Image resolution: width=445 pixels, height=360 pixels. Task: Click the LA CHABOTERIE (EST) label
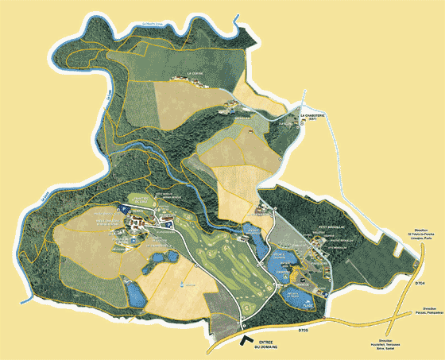[x=312, y=117]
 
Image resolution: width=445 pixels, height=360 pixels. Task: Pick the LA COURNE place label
[x=195, y=74]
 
